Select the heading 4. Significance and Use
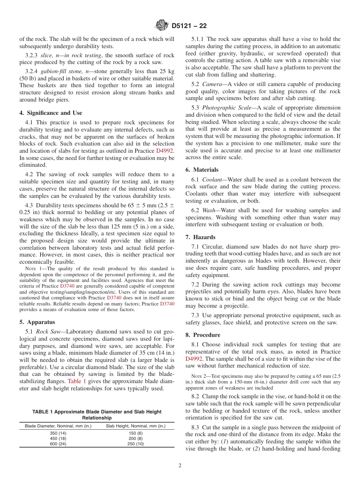tap(50, 113)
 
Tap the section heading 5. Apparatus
tap(37, 322)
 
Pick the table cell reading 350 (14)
tap(58, 433)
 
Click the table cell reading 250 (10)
tap(135, 444)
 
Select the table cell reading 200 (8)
tap(135, 438)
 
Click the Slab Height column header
tap(135, 426)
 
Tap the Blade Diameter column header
tap(58, 426)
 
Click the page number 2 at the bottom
tap(180, 466)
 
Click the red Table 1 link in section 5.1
tap(77, 381)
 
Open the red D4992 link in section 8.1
tap(194, 358)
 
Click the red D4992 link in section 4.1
tap(165, 151)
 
